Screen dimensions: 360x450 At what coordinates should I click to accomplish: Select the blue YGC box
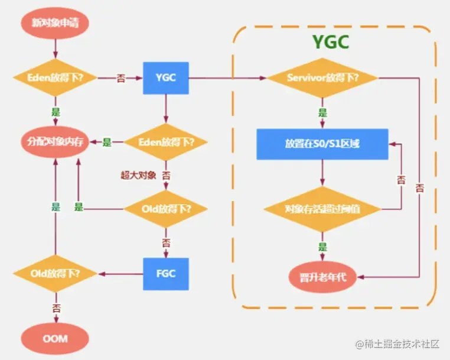165,78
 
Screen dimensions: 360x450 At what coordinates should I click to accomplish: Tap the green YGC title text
330,43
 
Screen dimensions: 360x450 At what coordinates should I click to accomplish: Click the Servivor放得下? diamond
323,79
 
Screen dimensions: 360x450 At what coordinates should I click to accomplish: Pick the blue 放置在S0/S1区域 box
322,144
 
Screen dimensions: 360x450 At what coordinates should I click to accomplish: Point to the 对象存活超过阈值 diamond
322,209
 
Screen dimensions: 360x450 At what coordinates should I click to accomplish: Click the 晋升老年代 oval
322,276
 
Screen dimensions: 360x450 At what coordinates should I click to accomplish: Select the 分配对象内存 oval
54,142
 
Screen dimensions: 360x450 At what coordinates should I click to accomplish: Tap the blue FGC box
165,274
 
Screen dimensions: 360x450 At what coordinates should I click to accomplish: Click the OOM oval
55,339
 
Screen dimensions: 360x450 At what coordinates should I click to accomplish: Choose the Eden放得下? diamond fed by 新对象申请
54,78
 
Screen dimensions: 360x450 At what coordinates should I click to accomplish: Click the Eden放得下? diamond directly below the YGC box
165,142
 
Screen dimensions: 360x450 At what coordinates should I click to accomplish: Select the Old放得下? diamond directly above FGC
165,209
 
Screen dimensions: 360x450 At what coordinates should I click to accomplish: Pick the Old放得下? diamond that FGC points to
55,274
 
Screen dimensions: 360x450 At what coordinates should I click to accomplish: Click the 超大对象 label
138,176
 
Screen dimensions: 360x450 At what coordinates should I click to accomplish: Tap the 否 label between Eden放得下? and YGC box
120,78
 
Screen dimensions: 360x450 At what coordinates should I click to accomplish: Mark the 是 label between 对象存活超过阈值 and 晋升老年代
322,247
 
